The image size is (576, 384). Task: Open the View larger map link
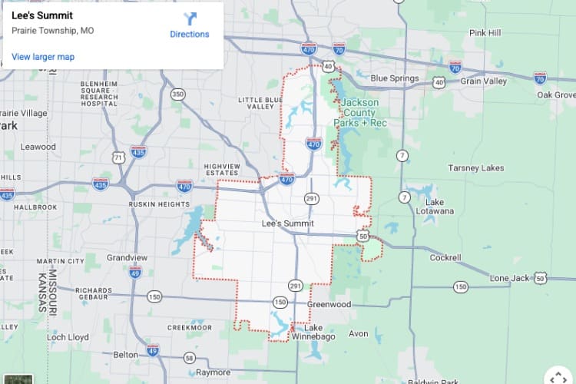pyautogui.click(x=43, y=57)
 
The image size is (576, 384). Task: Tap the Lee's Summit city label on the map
pyautogui.click(x=288, y=223)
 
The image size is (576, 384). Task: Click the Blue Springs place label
pyautogui.click(x=395, y=78)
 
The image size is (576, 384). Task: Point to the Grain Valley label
pyautogui.click(x=484, y=81)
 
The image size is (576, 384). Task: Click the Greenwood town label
pyautogui.click(x=329, y=304)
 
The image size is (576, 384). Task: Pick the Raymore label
pyautogui.click(x=212, y=372)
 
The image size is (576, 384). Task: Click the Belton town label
pyautogui.click(x=125, y=355)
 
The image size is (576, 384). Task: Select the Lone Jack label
pyautogui.click(x=510, y=278)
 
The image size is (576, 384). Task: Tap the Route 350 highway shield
pyautogui.click(x=178, y=94)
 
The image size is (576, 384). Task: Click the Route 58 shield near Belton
pyautogui.click(x=190, y=357)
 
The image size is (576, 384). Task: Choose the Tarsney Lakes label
pyautogui.click(x=476, y=167)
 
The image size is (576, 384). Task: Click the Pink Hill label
pyautogui.click(x=485, y=33)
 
